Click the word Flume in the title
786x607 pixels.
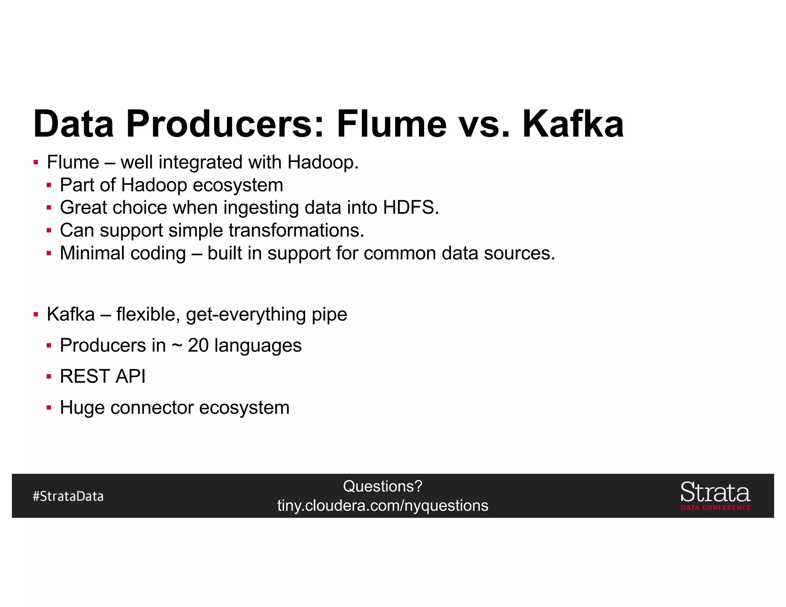tap(391, 124)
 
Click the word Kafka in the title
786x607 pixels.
tap(573, 124)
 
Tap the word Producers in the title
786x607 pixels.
tap(225, 124)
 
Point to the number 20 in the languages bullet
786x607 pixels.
tap(198, 345)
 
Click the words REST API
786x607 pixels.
tap(103, 376)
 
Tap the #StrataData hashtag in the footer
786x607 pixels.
tap(68, 496)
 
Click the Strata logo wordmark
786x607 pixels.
tap(715, 492)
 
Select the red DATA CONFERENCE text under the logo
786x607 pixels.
tap(716, 508)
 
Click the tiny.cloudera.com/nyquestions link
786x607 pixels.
tap(383, 506)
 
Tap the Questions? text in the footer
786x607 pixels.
tap(383, 487)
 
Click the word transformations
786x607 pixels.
tap(296, 231)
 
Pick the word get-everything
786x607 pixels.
tap(246, 315)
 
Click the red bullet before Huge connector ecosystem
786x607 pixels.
tap(49, 407)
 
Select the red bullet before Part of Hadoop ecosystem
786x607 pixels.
tap(49, 185)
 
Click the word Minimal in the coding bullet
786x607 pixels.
tap(92, 253)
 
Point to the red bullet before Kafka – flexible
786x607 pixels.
tap(36, 315)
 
